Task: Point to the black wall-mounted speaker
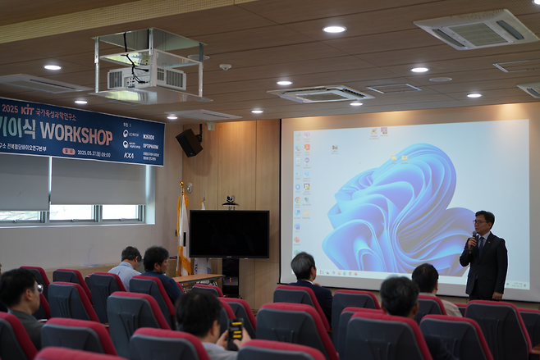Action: click(189, 142)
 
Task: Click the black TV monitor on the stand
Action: click(229, 234)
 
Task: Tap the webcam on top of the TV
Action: click(230, 201)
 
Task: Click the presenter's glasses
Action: click(480, 221)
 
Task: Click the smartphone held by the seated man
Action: click(236, 330)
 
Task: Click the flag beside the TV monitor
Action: click(183, 230)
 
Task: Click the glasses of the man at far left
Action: click(38, 288)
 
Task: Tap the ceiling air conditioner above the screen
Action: click(320, 93)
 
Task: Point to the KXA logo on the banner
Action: click(129, 155)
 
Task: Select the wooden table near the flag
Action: click(198, 280)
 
